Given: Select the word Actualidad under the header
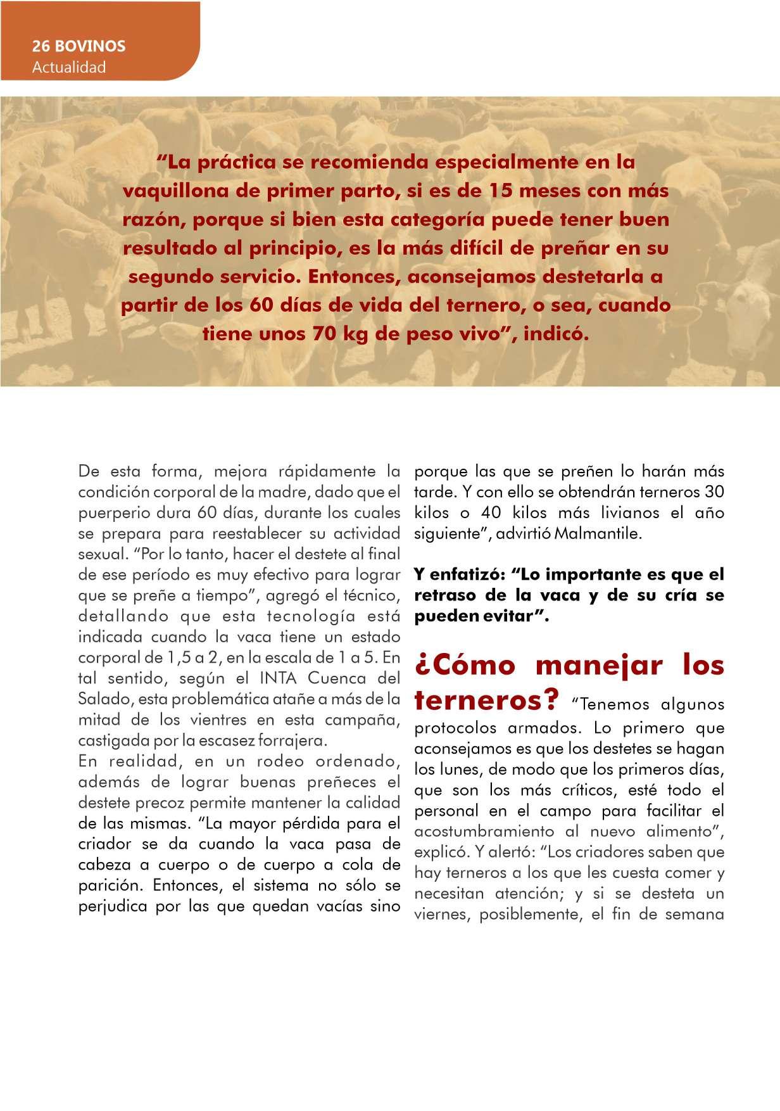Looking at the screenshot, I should tap(69, 67).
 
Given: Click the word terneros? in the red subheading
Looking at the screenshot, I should tap(487, 701).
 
